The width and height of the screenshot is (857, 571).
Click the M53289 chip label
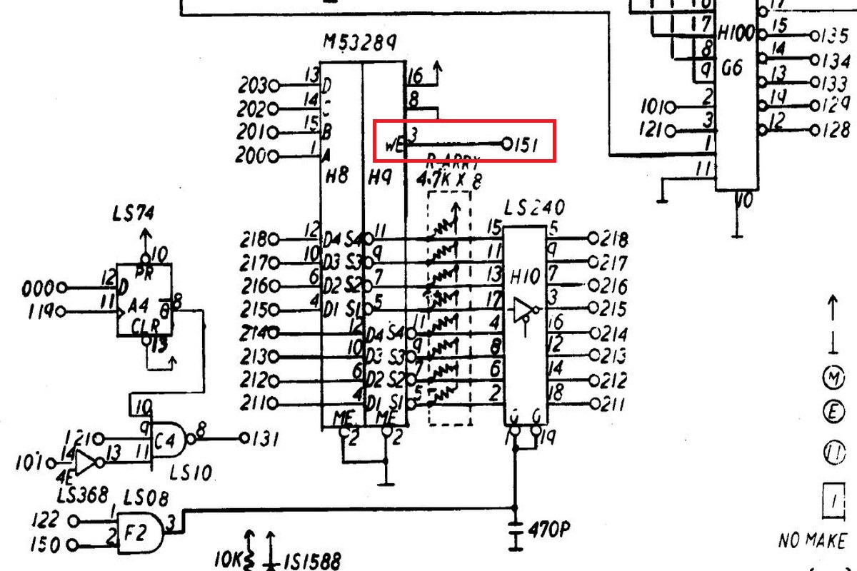tap(360, 43)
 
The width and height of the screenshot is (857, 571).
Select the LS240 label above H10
tap(534, 208)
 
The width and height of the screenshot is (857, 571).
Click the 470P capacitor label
tap(550, 530)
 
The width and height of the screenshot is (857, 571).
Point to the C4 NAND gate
tap(171, 438)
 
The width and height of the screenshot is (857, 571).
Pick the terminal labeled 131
tap(244, 438)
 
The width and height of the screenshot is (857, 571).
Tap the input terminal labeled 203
tap(274, 86)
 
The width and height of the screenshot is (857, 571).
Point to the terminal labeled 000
tap(61, 288)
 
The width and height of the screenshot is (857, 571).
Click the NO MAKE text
tap(812, 541)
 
